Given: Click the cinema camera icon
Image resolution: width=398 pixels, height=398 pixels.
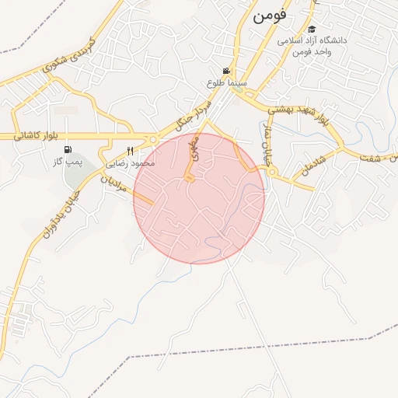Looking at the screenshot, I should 226,71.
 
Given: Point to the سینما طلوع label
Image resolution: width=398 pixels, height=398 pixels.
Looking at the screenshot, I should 226,82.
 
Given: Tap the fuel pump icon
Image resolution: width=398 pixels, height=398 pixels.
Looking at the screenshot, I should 68,150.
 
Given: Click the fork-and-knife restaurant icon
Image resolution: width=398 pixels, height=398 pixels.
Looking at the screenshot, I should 131,152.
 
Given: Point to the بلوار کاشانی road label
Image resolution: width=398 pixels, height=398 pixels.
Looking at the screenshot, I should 36,136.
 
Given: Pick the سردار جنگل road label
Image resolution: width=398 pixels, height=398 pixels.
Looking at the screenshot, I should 192,113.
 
